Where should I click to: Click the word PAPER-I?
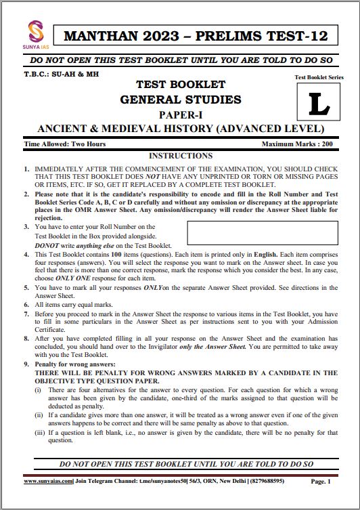(x=181, y=114)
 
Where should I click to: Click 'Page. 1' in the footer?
(x=320, y=482)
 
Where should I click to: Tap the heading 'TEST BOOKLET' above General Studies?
(x=181, y=85)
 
